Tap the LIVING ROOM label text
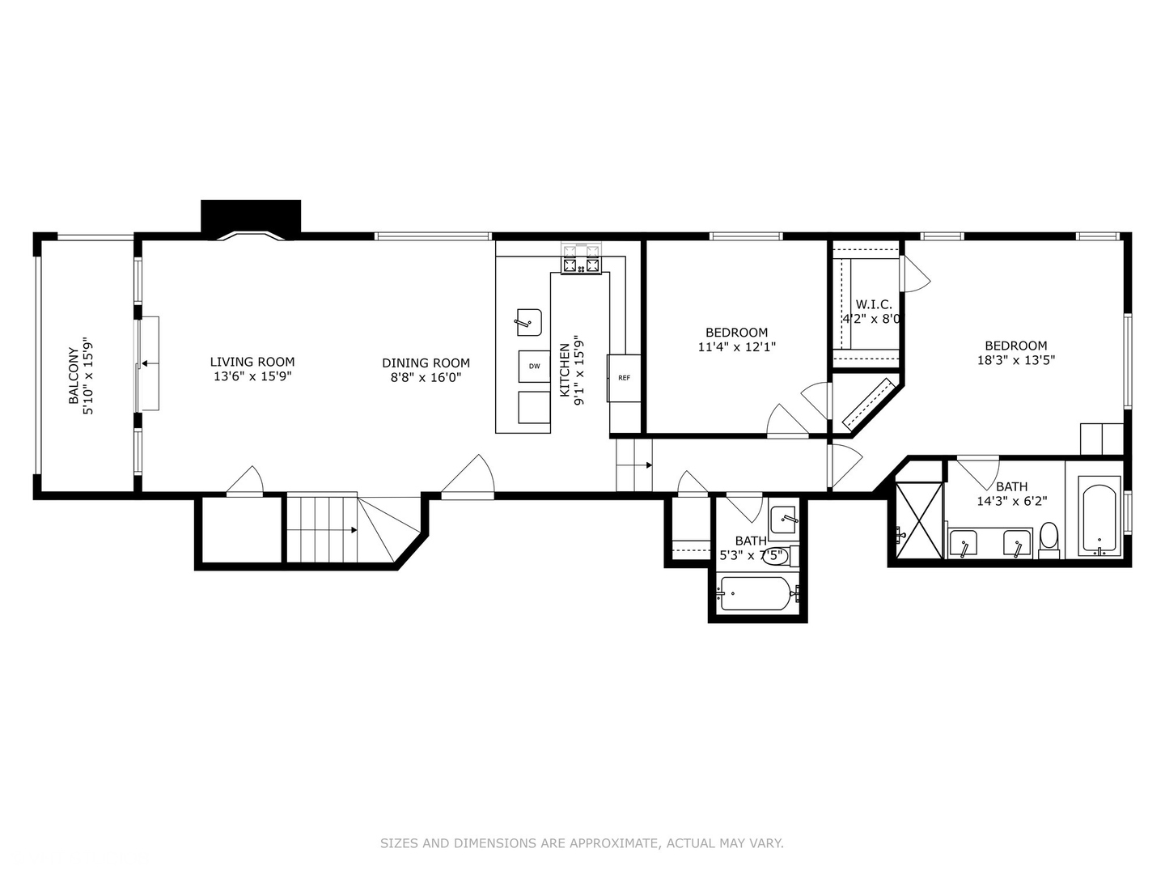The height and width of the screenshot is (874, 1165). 252,362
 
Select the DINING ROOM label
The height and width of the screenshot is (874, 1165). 426,363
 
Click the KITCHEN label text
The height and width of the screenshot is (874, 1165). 565,371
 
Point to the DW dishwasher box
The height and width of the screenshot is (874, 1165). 534,367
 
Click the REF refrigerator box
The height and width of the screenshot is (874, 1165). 624,378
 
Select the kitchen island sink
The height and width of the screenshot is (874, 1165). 529,322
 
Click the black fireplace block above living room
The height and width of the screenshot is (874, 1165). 251,215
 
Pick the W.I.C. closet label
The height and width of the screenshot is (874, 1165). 874,304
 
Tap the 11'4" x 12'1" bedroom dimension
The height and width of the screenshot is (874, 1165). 736,347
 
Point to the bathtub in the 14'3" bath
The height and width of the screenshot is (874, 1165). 1099,516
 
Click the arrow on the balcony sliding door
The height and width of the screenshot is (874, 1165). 146,364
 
